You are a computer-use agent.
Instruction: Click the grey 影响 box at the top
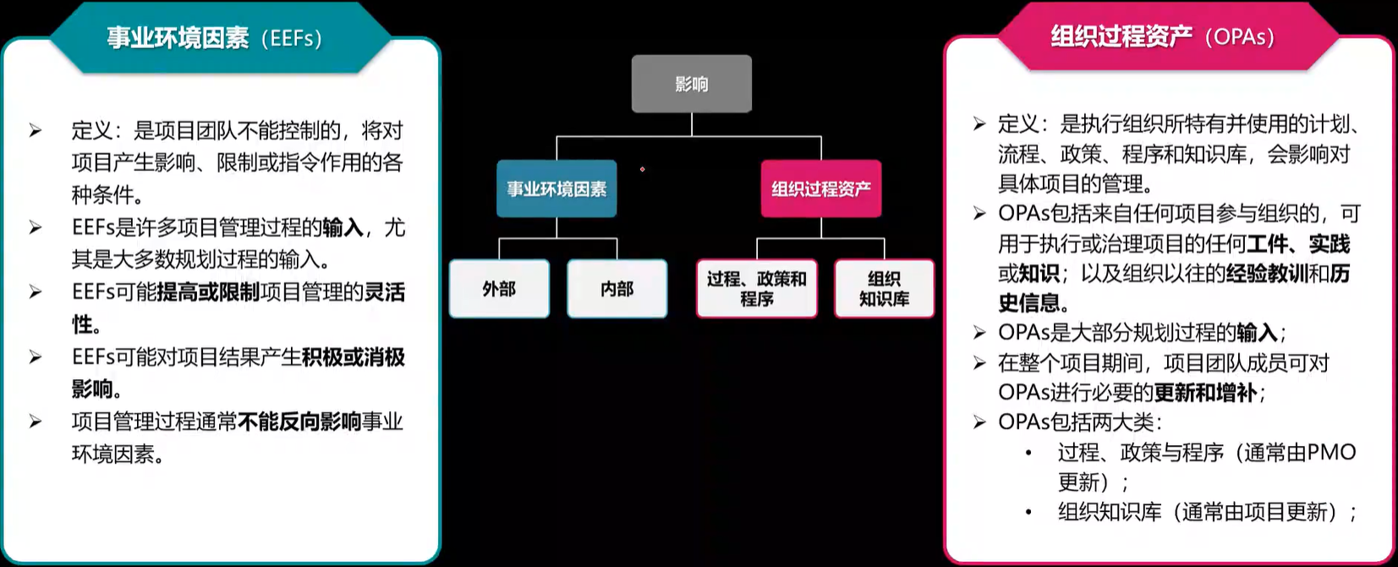pos(691,84)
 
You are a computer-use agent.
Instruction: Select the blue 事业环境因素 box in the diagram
pos(556,189)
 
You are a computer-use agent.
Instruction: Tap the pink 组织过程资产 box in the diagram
pos(820,189)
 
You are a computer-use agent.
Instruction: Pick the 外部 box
pos(499,289)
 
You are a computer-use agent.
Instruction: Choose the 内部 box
pos(617,289)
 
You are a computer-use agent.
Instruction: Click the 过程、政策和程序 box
pos(756,289)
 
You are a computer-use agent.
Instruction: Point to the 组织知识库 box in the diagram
pos(884,289)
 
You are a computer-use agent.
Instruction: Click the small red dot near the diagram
pos(643,169)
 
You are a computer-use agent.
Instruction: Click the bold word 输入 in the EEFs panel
pos(343,228)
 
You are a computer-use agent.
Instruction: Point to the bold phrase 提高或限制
pos(208,293)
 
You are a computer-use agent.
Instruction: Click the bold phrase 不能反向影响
pos(299,421)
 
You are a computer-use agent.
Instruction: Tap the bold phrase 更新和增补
pos(1205,393)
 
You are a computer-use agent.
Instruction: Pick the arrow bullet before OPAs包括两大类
pos(979,422)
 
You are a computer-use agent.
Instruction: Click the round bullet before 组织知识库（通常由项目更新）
pos(1028,513)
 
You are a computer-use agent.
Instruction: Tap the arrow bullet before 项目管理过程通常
pos(36,421)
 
